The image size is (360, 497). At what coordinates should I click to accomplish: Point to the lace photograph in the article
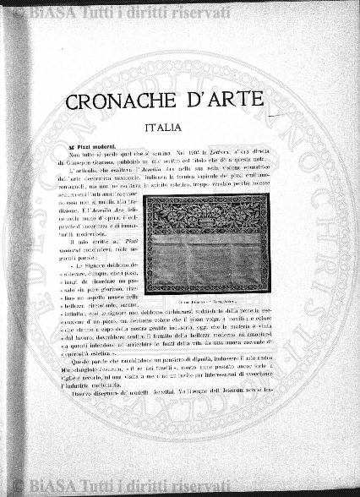click(x=205, y=243)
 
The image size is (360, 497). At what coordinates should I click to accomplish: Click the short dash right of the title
click(x=271, y=115)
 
